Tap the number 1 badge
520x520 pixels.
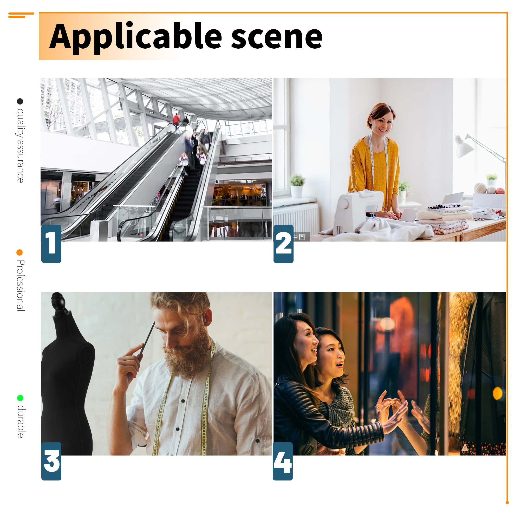[x=51, y=244]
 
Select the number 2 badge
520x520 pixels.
[x=283, y=244]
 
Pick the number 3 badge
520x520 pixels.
[x=51, y=461]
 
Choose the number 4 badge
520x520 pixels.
[x=283, y=461]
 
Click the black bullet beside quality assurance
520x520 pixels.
[x=20, y=101]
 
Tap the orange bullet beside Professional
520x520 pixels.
[x=19, y=252]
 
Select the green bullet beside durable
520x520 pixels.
[x=20, y=398]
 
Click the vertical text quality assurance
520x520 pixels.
[x=20, y=146]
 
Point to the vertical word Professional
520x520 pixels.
[x=21, y=286]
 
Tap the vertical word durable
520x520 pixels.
[x=21, y=421]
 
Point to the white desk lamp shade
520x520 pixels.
[x=465, y=147]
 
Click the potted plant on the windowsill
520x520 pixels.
[x=297, y=186]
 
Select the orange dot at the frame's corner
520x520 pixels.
[x=507, y=503]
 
